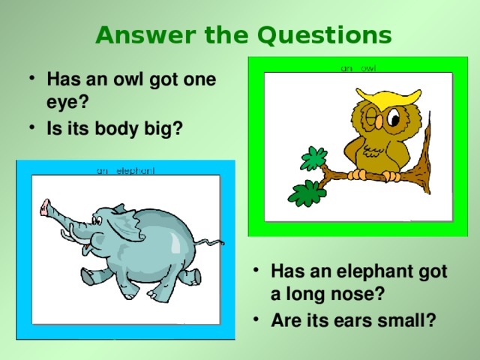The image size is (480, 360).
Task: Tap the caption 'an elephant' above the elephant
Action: click(x=125, y=170)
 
